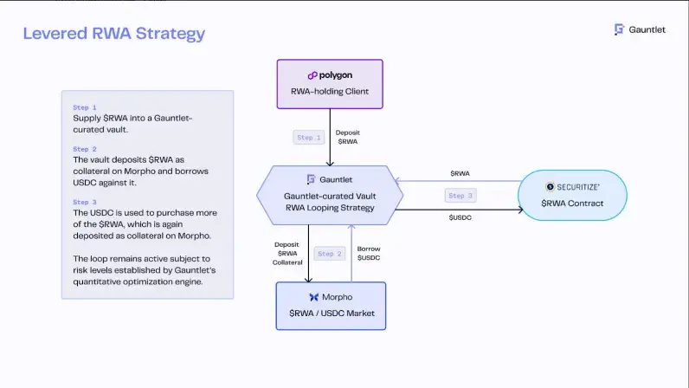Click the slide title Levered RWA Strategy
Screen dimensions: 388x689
(113, 34)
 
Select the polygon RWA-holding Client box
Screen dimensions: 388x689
(330, 83)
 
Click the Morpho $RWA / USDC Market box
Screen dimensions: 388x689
(330, 305)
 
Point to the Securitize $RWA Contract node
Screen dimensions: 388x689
(572, 195)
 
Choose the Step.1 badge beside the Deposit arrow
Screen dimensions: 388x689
(309, 137)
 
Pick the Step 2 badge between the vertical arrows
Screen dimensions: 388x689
(331, 254)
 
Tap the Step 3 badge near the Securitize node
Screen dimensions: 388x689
(460, 196)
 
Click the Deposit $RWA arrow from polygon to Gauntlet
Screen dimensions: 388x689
(330, 139)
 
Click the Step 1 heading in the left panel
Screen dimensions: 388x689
(85, 107)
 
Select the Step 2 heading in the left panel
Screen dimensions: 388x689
(85, 149)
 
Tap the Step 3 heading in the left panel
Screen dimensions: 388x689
(85, 202)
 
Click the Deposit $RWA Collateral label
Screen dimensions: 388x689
(287, 253)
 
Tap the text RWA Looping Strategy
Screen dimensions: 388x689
(329, 208)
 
